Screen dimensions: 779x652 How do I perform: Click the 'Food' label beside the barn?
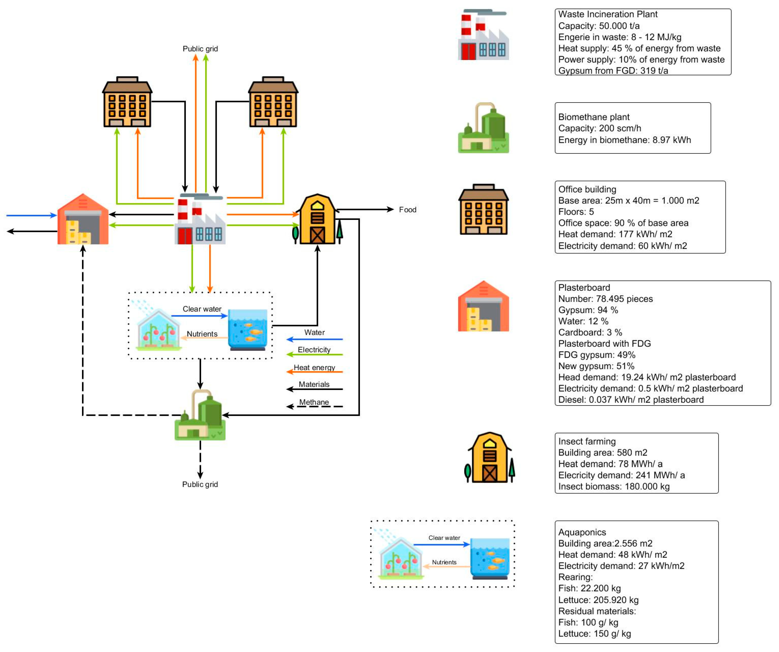tap(407, 210)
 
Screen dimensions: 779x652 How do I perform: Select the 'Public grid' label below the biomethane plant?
tap(200, 484)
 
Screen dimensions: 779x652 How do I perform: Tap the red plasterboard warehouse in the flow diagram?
tap(83, 219)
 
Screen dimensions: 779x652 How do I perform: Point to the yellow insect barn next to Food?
tap(317, 219)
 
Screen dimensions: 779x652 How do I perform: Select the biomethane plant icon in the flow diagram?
tap(200, 415)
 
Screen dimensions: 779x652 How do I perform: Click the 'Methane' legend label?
tap(314, 402)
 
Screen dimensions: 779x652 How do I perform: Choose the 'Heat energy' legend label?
tap(314, 367)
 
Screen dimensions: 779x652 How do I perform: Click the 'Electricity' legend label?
tap(314, 350)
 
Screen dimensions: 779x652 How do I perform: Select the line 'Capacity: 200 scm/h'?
tap(600, 128)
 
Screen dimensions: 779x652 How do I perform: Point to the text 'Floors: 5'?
tap(576, 212)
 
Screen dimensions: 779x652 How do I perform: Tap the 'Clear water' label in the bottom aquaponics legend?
tap(444, 538)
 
